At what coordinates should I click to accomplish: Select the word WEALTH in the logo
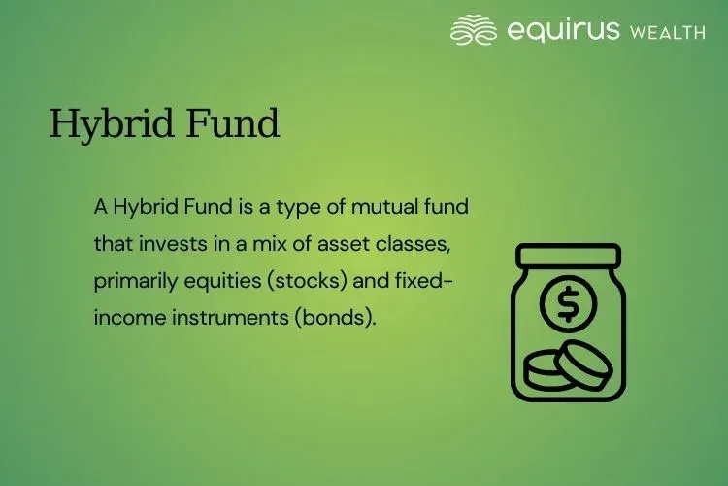(x=668, y=32)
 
